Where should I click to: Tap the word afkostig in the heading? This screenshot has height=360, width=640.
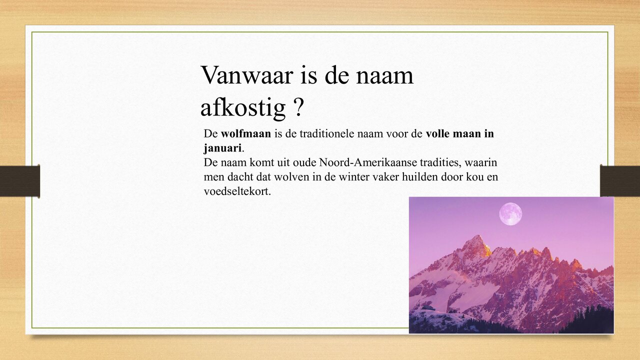click(x=242, y=107)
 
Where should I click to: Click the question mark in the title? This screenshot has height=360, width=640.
click(x=298, y=106)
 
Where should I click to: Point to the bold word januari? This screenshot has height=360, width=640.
click(x=222, y=148)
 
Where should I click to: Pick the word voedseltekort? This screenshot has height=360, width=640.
click(x=237, y=191)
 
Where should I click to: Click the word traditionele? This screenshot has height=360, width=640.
click(x=326, y=134)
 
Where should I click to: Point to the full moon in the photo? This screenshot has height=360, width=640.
click(x=510, y=213)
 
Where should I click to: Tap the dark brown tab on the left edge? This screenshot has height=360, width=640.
click(x=19, y=181)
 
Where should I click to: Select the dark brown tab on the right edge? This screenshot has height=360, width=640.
click(x=620, y=181)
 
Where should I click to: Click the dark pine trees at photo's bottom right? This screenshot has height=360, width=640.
click(x=592, y=320)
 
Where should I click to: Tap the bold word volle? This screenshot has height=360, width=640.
click(x=438, y=134)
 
